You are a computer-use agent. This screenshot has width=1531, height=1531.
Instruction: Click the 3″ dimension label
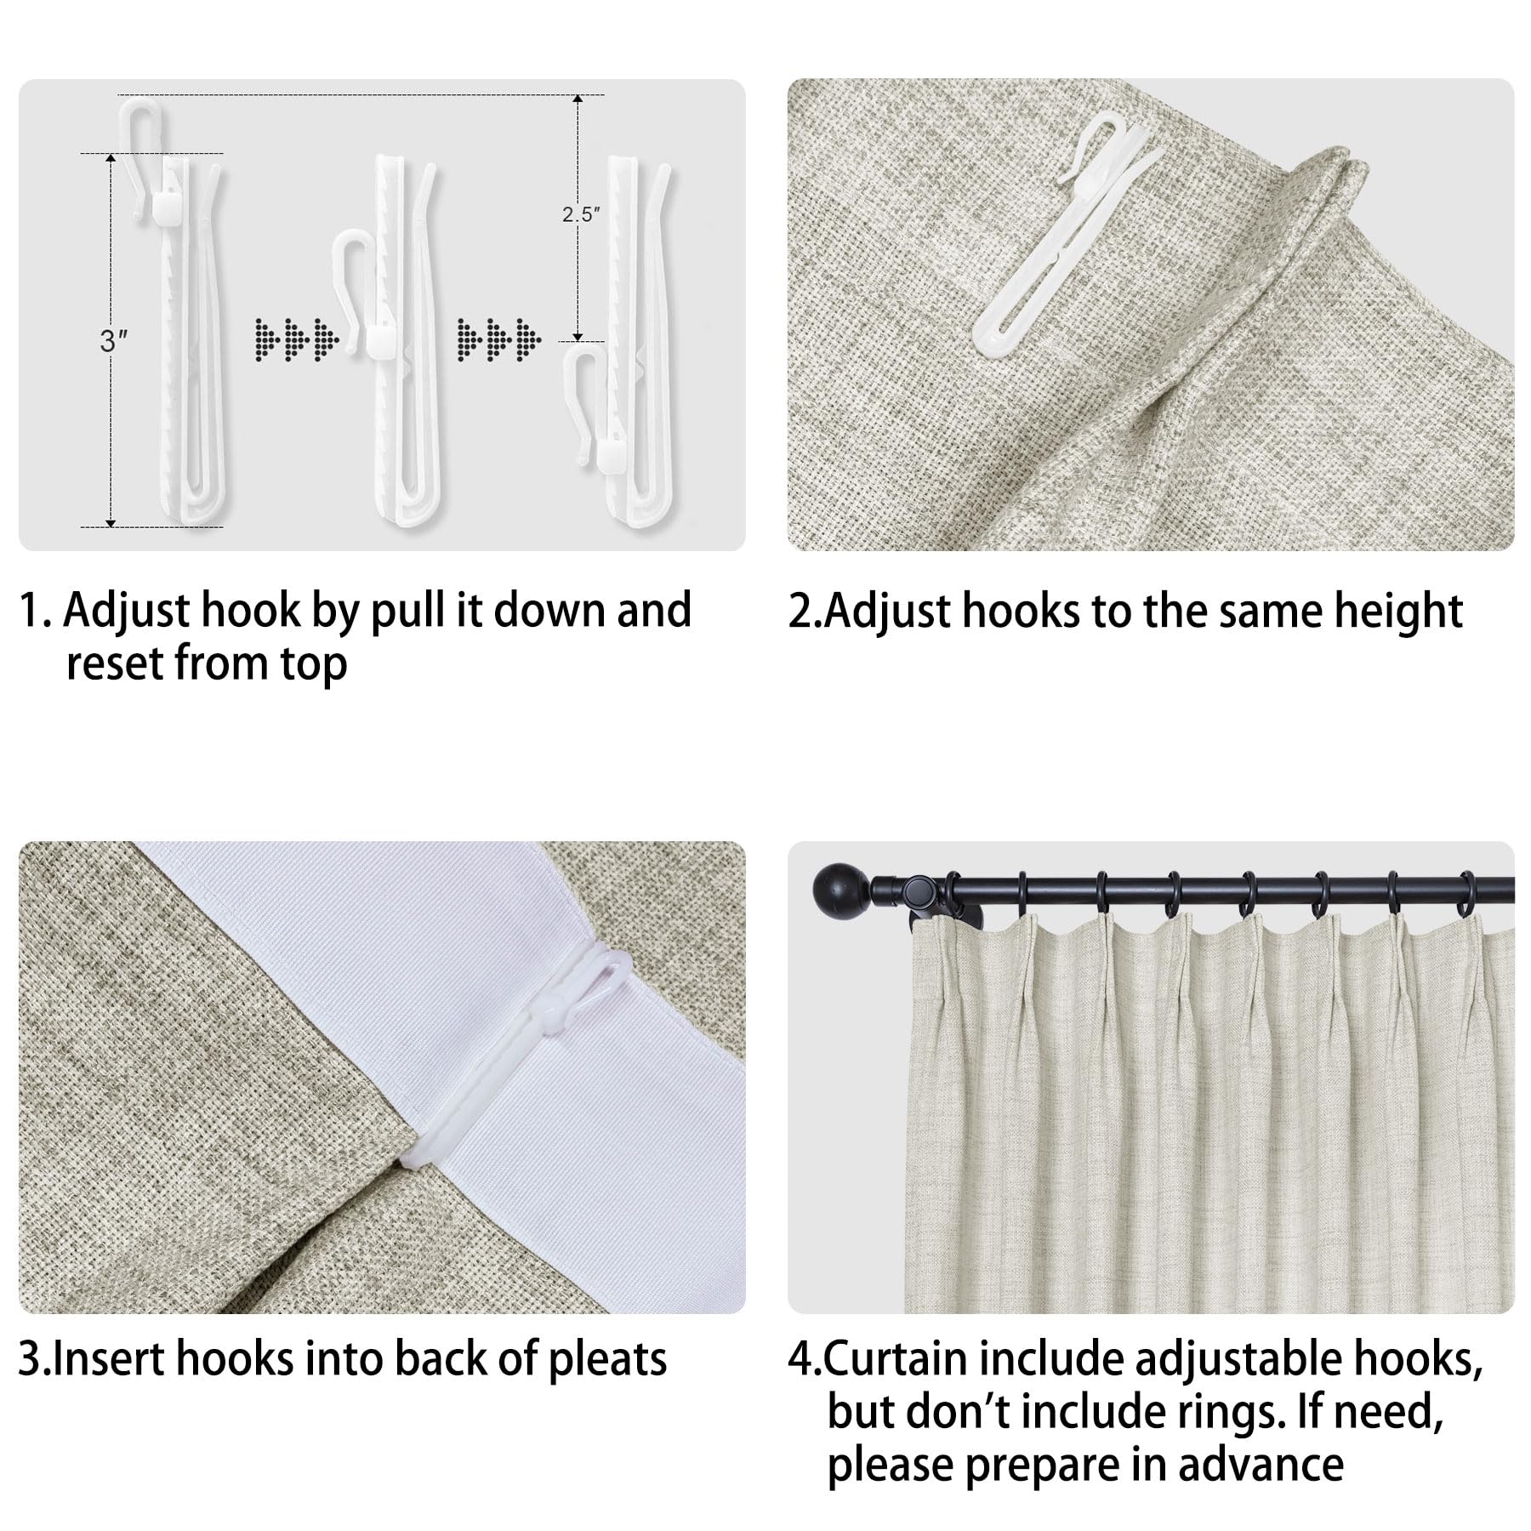click(113, 341)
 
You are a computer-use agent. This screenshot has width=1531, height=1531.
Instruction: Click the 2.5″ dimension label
click(581, 214)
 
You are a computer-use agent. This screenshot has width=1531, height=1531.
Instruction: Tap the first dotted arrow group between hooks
click(297, 339)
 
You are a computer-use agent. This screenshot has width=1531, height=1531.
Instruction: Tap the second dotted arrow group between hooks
click(498, 339)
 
